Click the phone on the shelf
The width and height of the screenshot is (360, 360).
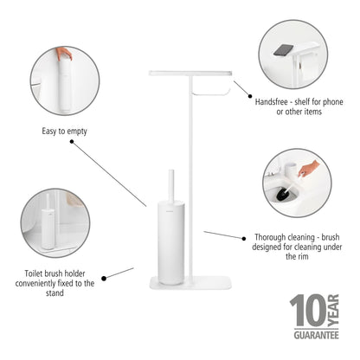(283, 50)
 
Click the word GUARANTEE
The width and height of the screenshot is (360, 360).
(316, 335)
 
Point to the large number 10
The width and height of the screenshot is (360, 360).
(308, 311)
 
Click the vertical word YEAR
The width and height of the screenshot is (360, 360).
(333, 311)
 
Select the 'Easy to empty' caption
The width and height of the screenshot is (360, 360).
(64, 132)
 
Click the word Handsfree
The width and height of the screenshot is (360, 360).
(272, 102)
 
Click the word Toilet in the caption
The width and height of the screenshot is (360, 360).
(35, 273)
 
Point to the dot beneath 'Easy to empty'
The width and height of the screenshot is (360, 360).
(72, 142)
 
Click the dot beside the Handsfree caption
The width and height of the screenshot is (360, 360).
(250, 96)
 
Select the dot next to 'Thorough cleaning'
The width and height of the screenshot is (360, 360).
(244, 238)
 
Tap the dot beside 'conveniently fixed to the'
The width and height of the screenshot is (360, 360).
(104, 279)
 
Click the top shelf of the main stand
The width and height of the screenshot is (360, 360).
(190, 74)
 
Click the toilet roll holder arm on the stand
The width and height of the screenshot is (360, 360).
(211, 93)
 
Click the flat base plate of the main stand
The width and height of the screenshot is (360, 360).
(190, 283)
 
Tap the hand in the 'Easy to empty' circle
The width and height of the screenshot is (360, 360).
(64, 54)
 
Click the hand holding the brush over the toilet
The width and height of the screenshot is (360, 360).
(308, 169)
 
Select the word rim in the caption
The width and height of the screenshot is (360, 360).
(303, 256)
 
